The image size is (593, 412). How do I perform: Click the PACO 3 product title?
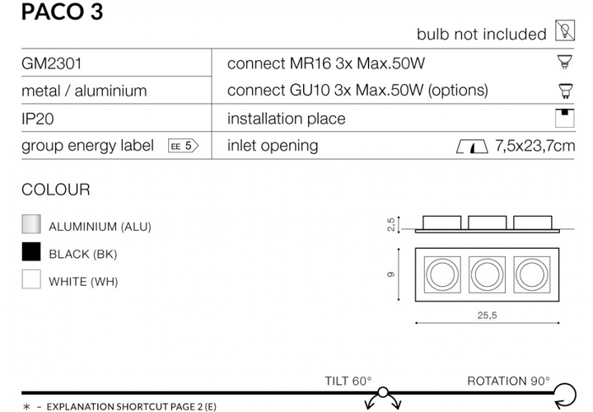point(62,12)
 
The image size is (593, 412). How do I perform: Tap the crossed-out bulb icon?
point(565,30)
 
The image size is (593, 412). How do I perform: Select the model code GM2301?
point(51,63)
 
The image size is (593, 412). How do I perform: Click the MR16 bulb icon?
point(565,62)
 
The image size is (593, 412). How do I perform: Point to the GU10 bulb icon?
point(565,91)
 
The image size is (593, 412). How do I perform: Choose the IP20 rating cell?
point(37,119)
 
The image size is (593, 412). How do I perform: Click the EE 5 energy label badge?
point(183,146)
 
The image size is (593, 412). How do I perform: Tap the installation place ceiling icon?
point(565,118)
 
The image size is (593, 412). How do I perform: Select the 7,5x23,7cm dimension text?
point(535,146)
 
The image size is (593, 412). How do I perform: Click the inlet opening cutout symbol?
point(472,147)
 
